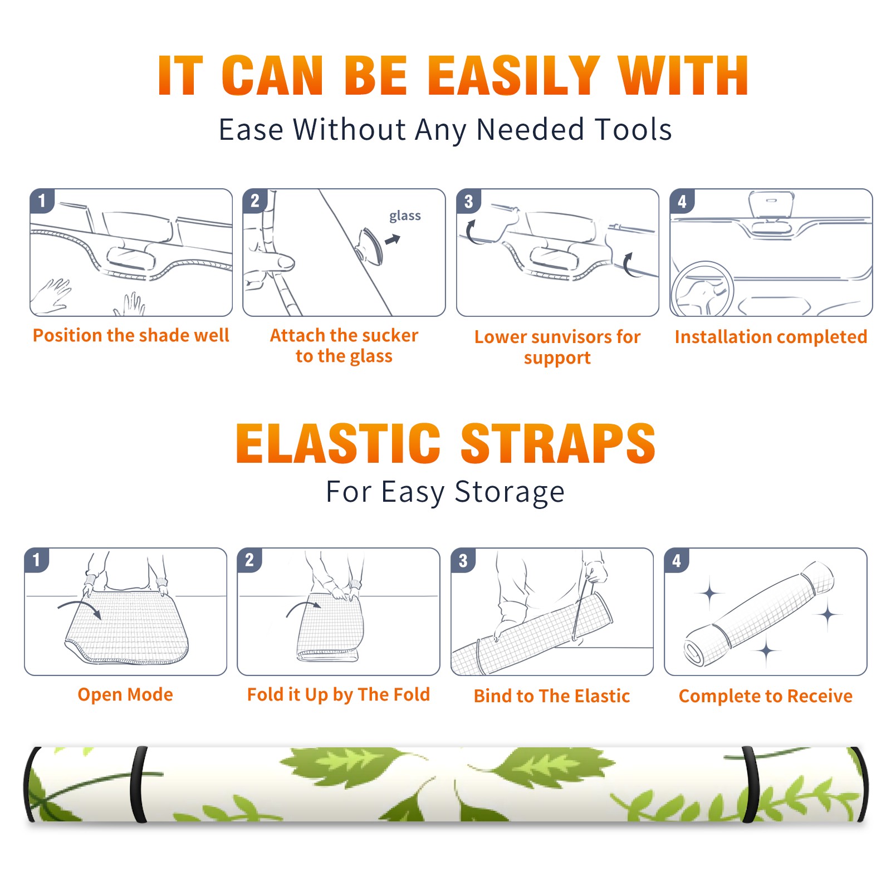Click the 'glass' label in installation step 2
[405, 216]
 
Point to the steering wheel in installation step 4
[703, 288]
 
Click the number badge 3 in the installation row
[469, 201]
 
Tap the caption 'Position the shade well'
[131, 335]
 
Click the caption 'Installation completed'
[771, 337]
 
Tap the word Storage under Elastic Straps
[510, 493]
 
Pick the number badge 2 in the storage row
[249, 560]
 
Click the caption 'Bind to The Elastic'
[552, 696]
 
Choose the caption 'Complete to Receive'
[766, 696]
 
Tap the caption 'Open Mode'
[125, 694]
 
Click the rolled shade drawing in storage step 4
[759, 614]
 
